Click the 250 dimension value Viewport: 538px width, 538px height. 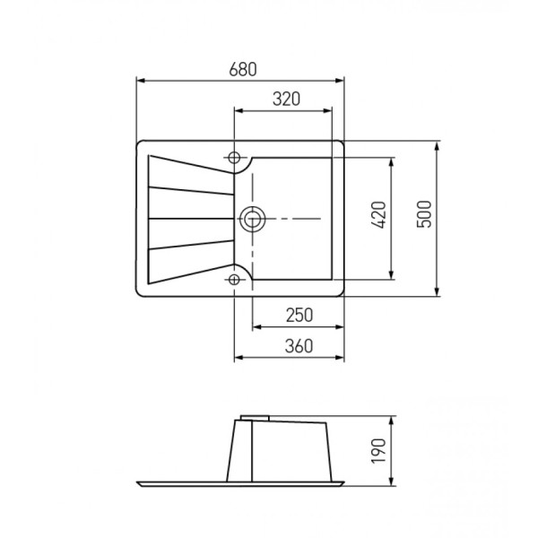point(299,315)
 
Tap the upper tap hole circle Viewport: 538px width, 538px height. point(235,157)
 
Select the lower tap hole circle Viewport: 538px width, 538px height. point(235,279)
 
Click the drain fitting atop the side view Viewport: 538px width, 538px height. point(256,417)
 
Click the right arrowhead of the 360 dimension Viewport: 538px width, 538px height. point(342,359)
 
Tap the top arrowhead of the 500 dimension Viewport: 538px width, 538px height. point(437,144)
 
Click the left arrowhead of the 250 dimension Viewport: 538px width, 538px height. point(256,326)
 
